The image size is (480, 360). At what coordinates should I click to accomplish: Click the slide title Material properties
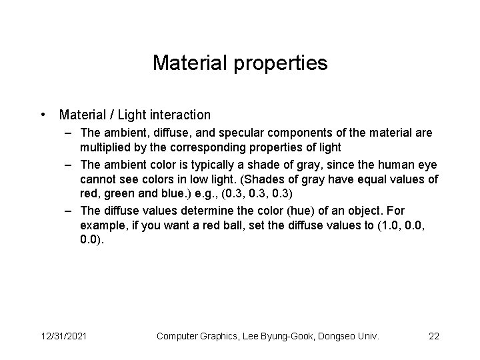point(240,63)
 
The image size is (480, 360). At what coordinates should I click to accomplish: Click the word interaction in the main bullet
point(181,115)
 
